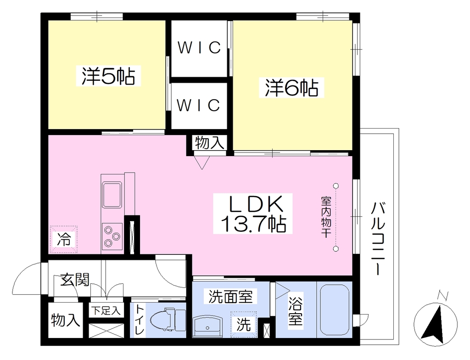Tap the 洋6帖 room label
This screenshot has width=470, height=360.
291,87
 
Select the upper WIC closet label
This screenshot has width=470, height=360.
199,47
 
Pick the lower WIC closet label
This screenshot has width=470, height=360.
198,105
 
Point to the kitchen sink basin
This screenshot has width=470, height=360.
112,195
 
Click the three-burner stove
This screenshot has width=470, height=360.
112,236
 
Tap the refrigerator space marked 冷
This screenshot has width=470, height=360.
64,239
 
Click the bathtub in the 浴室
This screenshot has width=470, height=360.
335,309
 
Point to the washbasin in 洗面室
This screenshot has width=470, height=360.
208,326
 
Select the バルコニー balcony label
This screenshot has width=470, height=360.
378,238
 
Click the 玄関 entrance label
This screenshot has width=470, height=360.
75,280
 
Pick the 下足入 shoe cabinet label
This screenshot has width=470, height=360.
106,310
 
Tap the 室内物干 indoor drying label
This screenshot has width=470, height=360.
326,217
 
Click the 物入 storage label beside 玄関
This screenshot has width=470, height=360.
65,320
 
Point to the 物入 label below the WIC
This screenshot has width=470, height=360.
209,142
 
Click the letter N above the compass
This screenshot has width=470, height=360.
442,296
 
